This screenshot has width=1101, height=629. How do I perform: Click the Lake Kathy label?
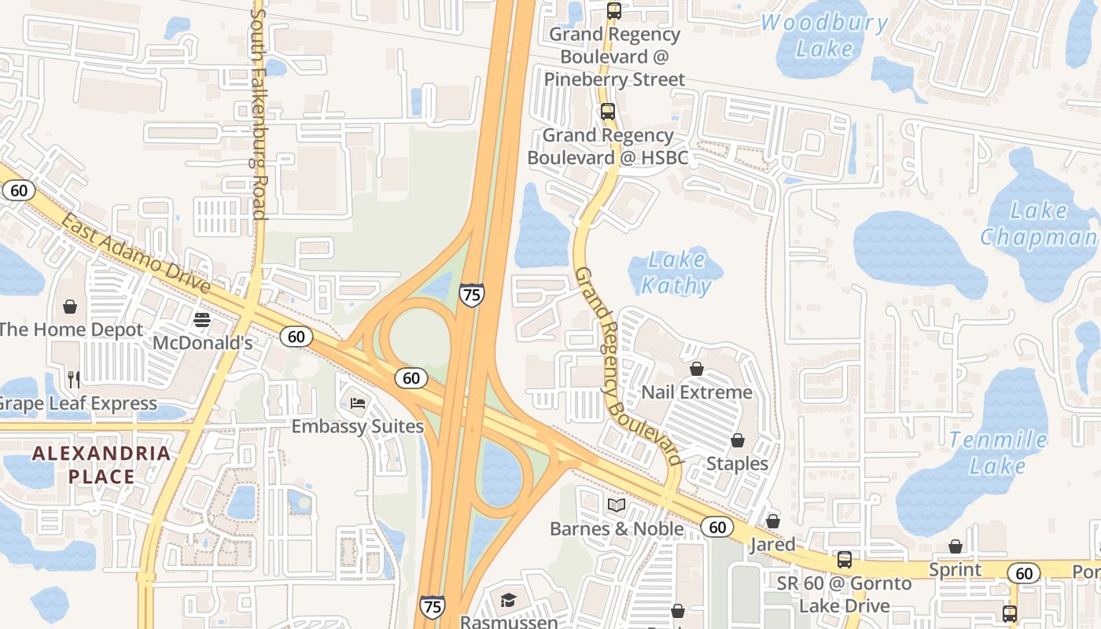point(676,272)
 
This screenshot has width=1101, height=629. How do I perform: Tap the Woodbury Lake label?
point(824,35)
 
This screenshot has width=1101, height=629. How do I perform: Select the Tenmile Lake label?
point(998,452)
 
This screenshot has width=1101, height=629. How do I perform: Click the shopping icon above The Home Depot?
point(70,306)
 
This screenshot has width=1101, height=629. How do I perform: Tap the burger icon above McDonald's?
point(202,320)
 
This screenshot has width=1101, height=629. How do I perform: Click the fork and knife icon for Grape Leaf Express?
point(74,380)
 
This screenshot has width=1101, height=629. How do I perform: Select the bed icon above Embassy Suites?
point(358,403)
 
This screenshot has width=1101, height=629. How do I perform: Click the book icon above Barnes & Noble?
point(617,505)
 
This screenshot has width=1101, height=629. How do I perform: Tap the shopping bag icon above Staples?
point(738,440)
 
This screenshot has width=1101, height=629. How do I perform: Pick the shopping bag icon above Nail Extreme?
point(697,368)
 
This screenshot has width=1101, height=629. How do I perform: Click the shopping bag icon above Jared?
point(773,520)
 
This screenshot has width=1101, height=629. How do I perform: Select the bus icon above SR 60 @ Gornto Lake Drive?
point(844,560)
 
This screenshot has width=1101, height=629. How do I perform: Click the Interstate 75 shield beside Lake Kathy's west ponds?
point(471,295)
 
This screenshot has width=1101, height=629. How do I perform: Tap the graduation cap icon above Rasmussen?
point(509,600)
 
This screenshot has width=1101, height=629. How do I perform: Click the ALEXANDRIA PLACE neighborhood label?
point(101,464)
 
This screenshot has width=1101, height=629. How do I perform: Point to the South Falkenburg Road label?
point(258,114)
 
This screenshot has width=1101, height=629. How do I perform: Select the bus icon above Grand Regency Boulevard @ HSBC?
point(608,112)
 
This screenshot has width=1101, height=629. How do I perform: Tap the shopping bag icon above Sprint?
point(956,546)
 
